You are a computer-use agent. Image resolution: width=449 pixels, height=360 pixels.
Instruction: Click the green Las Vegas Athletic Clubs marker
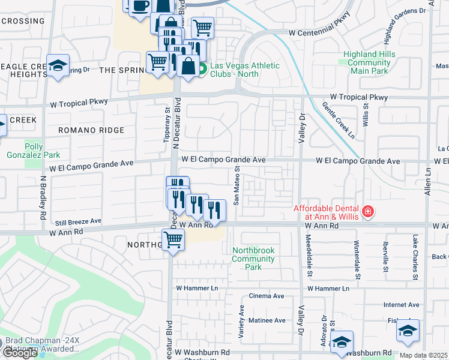(203, 70)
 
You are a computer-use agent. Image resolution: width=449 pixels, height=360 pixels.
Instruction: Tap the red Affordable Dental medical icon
(367, 212)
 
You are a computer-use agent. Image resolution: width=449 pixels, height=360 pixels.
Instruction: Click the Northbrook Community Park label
(253, 254)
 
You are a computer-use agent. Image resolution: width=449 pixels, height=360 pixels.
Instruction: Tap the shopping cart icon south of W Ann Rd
(173, 239)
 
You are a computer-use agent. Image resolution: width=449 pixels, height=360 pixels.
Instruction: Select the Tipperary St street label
(167, 125)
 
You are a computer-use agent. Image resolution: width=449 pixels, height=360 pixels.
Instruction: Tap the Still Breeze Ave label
(79, 221)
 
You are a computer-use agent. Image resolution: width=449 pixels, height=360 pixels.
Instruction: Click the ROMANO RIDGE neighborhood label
(91, 130)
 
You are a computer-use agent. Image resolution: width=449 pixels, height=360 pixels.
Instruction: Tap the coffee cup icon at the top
(140, 6)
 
